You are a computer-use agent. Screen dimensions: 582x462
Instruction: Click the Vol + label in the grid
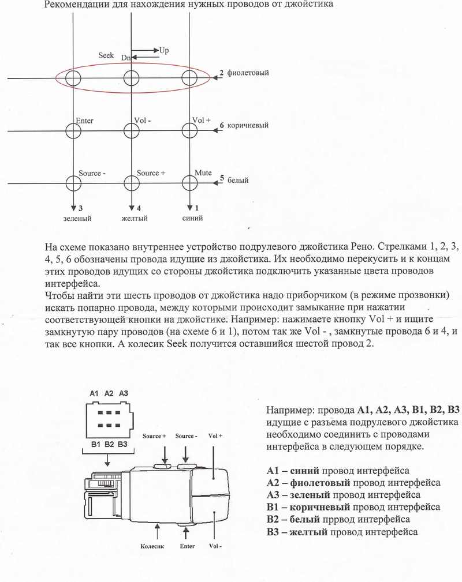pyautogui.click(x=202, y=121)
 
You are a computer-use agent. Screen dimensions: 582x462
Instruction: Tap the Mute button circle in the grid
pyautogui.click(x=189, y=183)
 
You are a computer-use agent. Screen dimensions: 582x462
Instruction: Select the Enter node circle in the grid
pyautogui.click(x=73, y=130)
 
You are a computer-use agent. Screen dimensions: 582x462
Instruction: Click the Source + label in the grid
pyautogui.click(x=151, y=173)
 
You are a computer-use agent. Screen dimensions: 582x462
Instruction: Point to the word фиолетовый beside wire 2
pyautogui.click(x=248, y=73)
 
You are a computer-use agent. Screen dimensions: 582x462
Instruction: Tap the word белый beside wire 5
pyautogui.click(x=238, y=180)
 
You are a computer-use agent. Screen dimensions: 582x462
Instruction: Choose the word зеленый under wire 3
pyautogui.click(x=77, y=219)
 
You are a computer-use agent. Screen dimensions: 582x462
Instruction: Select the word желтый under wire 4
pyautogui.click(x=135, y=219)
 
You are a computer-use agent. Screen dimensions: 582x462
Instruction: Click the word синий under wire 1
pyautogui.click(x=192, y=219)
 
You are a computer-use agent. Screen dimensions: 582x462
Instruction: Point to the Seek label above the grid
pyautogui.click(x=106, y=55)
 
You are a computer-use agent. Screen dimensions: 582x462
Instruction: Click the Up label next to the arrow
pyautogui.click(x=164, y=51)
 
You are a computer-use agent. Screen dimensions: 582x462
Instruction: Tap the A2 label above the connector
pyautogui.click(x=109, y=393)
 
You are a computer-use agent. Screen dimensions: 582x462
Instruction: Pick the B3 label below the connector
pyautogui.click(x=122, y=444)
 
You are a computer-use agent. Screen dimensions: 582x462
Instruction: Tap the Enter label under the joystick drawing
pyautogui.click(x=187, y=546)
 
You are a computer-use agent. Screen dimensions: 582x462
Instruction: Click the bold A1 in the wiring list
pyautogui.click(x=274, y=471)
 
